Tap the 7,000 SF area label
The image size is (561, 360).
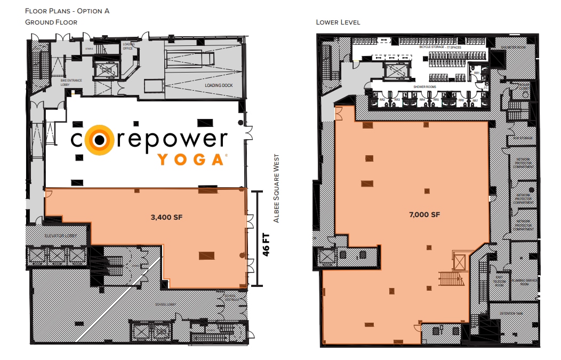(425, 215)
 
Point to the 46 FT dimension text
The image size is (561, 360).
(266, 244)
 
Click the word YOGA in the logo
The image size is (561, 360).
(190, 159)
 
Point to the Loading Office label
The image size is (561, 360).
(128, 46)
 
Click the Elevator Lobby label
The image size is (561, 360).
(61, 235)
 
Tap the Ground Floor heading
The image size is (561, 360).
(51, 22)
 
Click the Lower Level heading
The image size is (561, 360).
(338, 22)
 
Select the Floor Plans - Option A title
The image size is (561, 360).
(67, 11)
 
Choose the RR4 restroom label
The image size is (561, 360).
(422, 100)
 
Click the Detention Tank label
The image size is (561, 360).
(509, 314)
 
